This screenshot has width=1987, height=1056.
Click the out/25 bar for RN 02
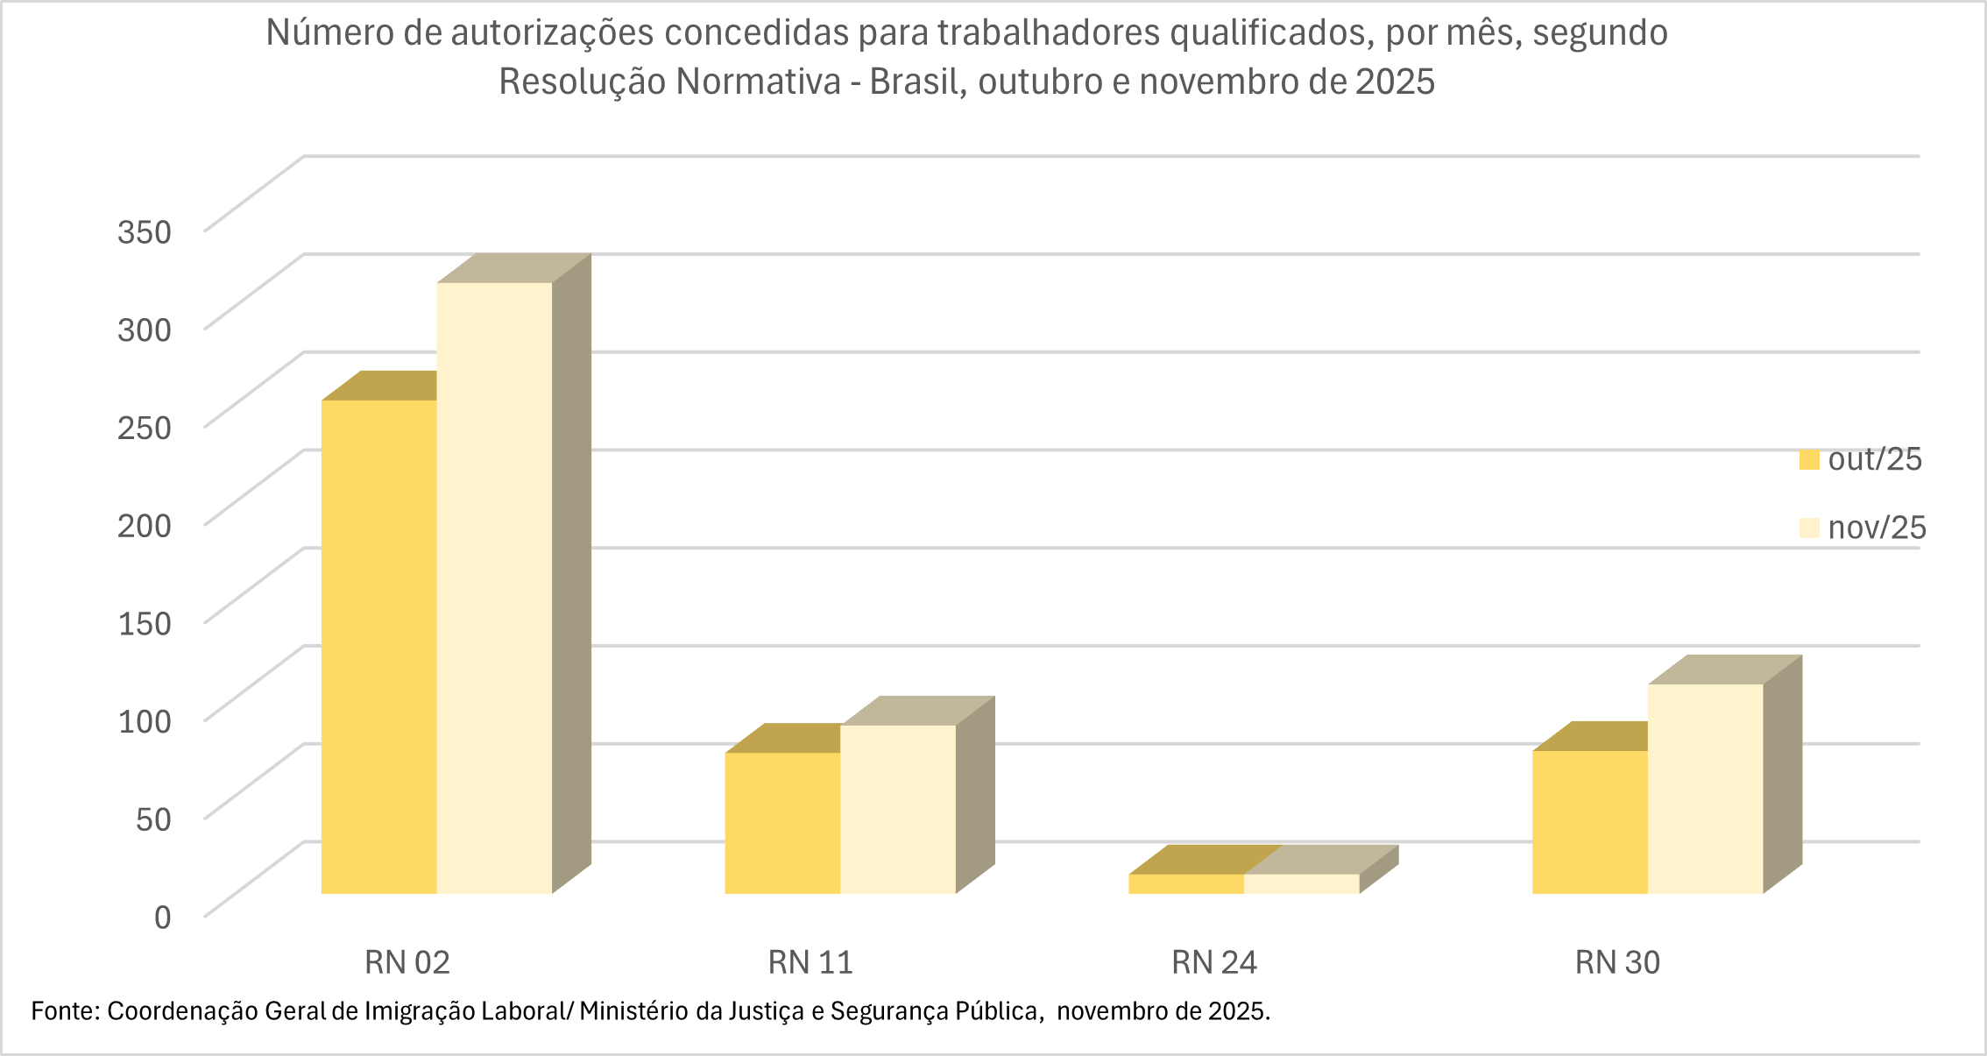[x=378, y=647]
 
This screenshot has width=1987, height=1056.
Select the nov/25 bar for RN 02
[x=494, y=588]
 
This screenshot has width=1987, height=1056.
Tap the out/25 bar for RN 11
[x=782, y=823]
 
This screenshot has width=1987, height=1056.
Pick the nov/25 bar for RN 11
[x=897, y=809]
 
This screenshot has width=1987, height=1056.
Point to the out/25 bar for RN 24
[x=1185, y=883]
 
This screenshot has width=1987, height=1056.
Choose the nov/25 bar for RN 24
[x=1301, y=883]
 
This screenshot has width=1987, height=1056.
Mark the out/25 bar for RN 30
[x=1589, y=822]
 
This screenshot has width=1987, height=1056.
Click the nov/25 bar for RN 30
[x=1705, y=789]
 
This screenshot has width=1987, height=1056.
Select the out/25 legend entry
[x=1860, y=459]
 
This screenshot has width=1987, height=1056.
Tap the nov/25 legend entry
[x=1862, y=528]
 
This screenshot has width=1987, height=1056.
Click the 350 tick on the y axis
[x=145, y=232]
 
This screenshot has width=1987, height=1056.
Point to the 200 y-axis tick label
[x=145, y=526]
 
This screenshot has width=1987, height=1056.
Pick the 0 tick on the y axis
[x=163, y=918]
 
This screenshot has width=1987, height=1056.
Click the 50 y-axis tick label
[x=153, y=819]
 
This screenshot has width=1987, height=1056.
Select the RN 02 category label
[x=407, y=962]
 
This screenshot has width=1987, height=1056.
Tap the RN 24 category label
[x=1214, y=962]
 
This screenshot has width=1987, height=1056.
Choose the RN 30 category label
[x=1617, y=962]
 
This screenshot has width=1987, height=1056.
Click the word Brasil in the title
[x=916, y=82]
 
